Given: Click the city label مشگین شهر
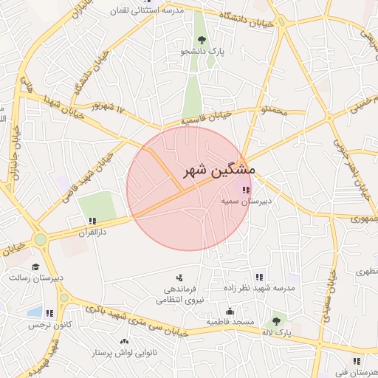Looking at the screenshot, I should click(219, 170).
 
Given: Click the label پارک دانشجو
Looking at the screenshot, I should click(202, 52).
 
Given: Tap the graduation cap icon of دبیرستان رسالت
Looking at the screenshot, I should click(35, 267).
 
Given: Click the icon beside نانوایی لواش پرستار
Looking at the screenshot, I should click(123, 342).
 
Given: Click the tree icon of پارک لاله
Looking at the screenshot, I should click(275, 320).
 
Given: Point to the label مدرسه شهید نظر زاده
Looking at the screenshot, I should click(258, 288).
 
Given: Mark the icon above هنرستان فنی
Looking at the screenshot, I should click(357, 361).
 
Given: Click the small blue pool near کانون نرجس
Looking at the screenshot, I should click(32, 312).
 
